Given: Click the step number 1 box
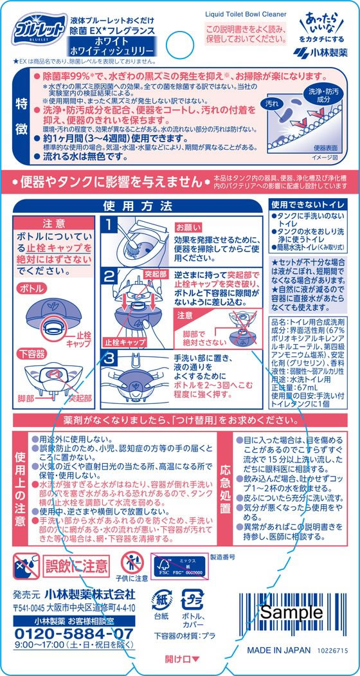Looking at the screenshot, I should (110, 226).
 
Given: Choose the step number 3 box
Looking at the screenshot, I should (110, 357).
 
